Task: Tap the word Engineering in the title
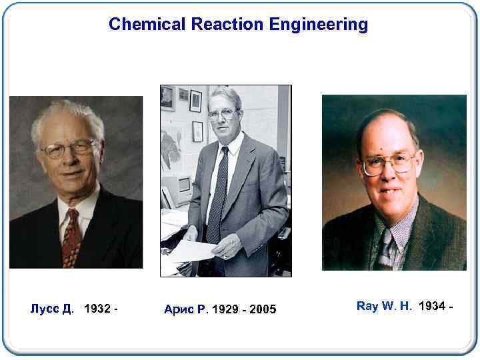tap(319, 25)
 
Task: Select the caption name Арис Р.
tap(186, 309)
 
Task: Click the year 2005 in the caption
tap(263, 309)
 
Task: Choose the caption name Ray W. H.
tap(384, 306)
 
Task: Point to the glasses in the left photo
tap(68, 148)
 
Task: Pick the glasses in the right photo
tap(389, 162)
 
